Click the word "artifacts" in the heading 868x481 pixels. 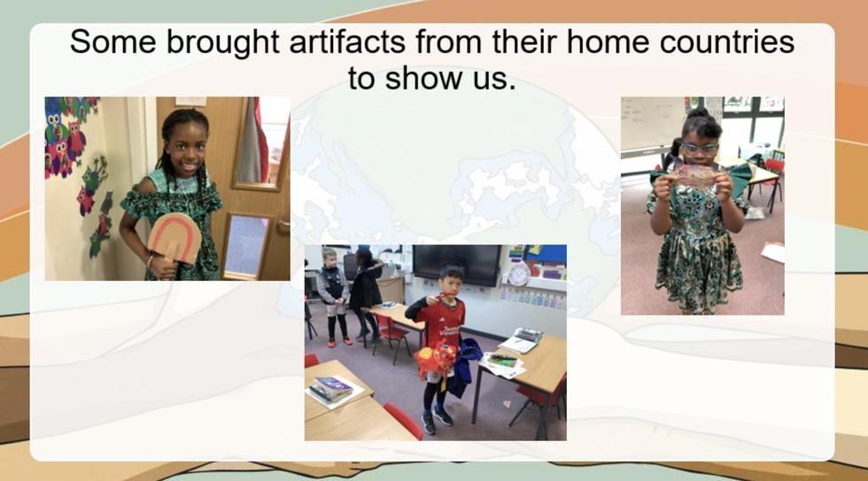[x=347, y=42]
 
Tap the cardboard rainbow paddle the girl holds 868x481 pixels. [x=174, y=239]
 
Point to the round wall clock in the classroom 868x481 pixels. [x=518, y=275]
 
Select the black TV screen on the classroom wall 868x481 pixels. [x=456, y=265]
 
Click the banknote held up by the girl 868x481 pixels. [x=696, y=175]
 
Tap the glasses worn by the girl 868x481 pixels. [x=700, y=148]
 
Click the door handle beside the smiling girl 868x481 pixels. [x=283, y=225]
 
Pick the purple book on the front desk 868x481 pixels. [x=331, y=386]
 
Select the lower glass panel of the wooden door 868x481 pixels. [x=246, y=245]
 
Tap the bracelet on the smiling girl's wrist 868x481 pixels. [x=150, y=260]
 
